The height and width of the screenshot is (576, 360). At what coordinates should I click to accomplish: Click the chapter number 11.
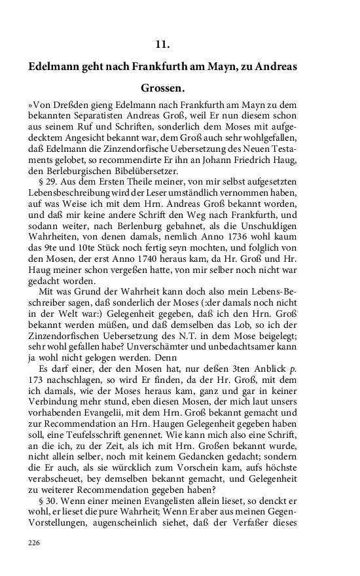[163, 45]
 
